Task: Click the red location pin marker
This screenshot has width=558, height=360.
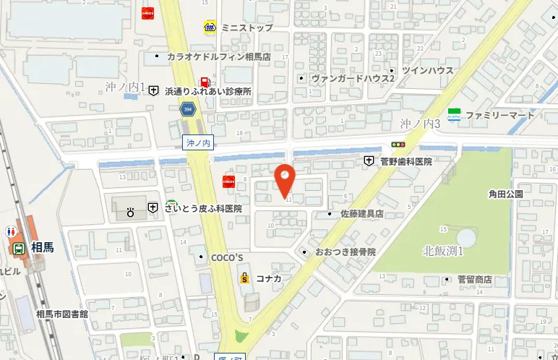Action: tap(285, 179)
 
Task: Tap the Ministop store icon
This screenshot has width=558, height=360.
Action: tap(210, 27)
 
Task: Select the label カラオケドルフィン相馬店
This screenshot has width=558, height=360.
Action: tap(218, 56)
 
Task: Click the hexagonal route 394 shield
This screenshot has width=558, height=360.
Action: tap(188, 109)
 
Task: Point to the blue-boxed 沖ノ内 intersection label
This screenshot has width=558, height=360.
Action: tap(197, 143)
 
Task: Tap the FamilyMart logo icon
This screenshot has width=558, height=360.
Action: tap(454, 114)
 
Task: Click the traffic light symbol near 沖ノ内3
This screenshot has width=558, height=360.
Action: tap(398, 144)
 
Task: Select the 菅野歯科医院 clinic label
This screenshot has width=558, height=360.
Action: tap(405, 161)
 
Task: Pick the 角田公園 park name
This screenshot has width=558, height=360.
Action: tap(505, 194)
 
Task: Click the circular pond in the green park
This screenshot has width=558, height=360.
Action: tap(466, 236)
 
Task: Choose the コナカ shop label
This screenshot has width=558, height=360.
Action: tap(267, 278)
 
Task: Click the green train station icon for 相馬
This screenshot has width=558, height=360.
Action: tap(18, 248)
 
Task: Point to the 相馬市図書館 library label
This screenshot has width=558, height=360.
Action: tap(61, 314)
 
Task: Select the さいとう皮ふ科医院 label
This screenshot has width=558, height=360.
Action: tap(202, 207)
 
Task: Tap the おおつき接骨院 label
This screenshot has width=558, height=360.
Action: tap(345, 252)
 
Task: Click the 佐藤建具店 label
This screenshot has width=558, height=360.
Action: tap(361, 214)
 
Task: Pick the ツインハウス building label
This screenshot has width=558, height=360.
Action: tap(427, 70)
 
